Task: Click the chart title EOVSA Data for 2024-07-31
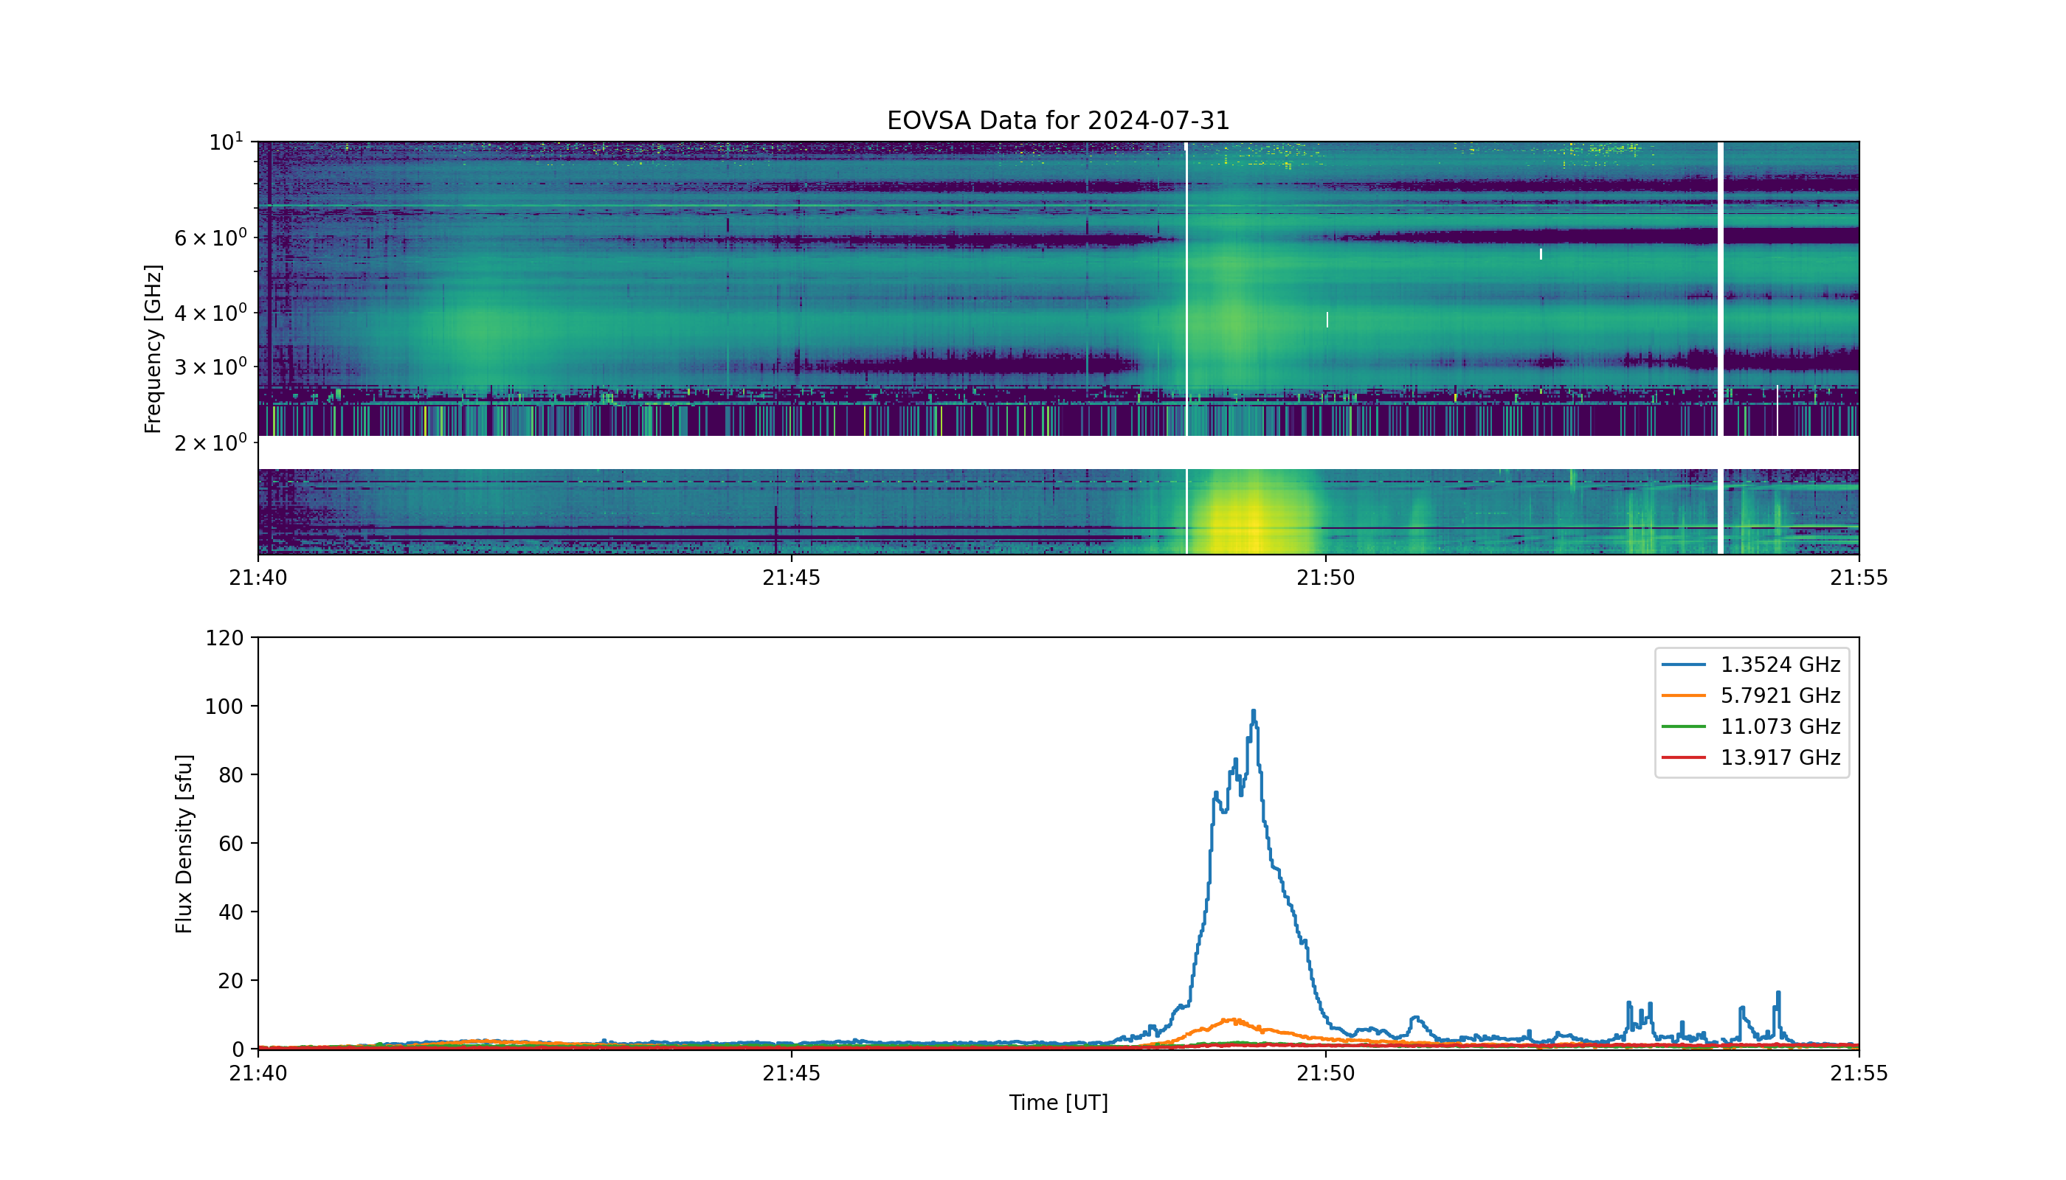point(1058,121)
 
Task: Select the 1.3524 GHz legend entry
point(1751,664)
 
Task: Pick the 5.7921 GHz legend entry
point(1751,695)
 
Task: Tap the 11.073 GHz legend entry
point(1751,726)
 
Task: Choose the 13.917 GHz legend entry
point(1751,757)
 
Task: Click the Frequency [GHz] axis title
point(153,349)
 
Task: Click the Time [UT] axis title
point(1058,1103)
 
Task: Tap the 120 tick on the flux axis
point(224,638)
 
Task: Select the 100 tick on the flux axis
point(224,707)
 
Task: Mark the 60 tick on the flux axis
point(231,844)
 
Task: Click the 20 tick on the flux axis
point(231,981)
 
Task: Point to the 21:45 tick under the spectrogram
point(792,578)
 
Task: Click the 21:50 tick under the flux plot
point(1326,1074)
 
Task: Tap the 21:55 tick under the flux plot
point(1859,1074)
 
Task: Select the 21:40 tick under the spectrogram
point(258,578)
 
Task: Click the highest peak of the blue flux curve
point(1254,711)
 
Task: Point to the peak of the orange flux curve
point(1233,1018)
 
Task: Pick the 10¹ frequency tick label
point(227,142)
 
